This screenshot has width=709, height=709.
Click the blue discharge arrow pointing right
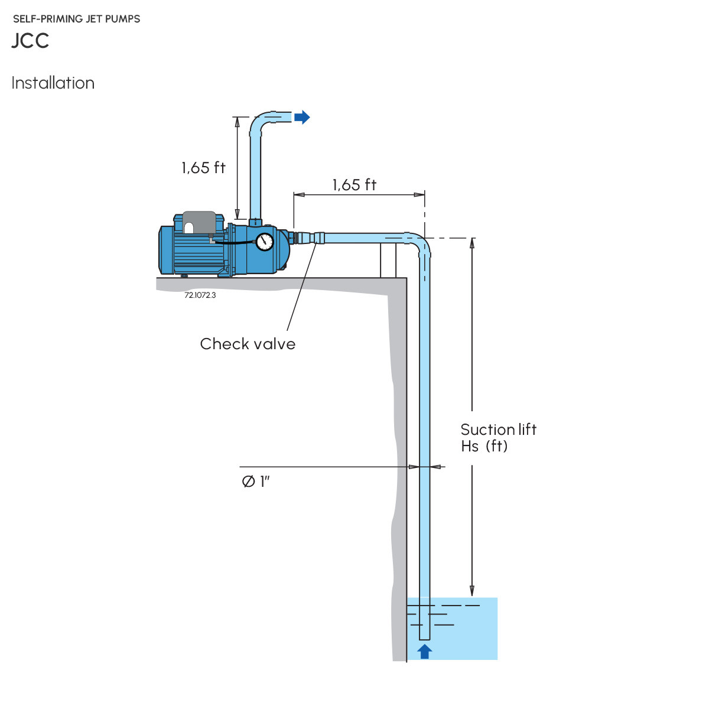click(302, 117)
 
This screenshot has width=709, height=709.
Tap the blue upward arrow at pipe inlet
click(424, 651)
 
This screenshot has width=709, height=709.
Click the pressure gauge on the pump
click(265, 241)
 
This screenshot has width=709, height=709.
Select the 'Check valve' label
click(248, 344)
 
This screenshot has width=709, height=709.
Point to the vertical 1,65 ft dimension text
click(203, 168)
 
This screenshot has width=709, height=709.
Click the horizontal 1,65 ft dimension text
click(354, 185)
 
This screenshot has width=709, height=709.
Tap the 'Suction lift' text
click(498, 430)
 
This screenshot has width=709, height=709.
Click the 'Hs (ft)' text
click(484, 446)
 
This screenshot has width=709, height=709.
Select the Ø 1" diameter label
click(255, 482)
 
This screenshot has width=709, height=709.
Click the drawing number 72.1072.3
click(200, 295)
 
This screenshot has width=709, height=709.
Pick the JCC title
click(30, 41)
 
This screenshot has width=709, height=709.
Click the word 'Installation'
click(53, 83)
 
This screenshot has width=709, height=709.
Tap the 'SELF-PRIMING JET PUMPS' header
click(77, 19)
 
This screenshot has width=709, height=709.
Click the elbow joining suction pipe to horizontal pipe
click(420, 243)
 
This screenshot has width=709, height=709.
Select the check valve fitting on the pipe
click(311, 238)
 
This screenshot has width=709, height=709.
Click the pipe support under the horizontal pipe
click(388, 260)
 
